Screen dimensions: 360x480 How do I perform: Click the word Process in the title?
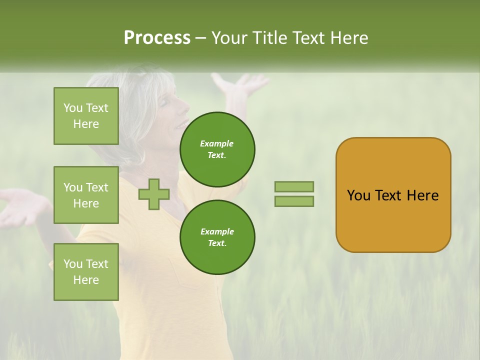pyautogui.click(x=157, y=37)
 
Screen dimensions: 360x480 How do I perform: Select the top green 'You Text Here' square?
pyautogui.click(x=86, y=116)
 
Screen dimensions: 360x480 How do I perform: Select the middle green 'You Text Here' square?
pyautogui.click(x=86, y=195)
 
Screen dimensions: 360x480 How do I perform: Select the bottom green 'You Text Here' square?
pyautogui.click(x=86, y=271)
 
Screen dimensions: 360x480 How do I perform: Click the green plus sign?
pyautogui.click(x=154, y=194)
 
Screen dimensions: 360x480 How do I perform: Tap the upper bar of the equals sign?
pyautogui.click(x=294, y=186)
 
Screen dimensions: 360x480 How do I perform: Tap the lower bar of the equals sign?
pyautogui.click(x=294, y=201)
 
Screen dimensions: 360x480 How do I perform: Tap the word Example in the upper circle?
pyautogui.click(x=217, y=143)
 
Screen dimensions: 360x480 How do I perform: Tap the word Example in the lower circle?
pyautogui.click(x=217, y=231)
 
